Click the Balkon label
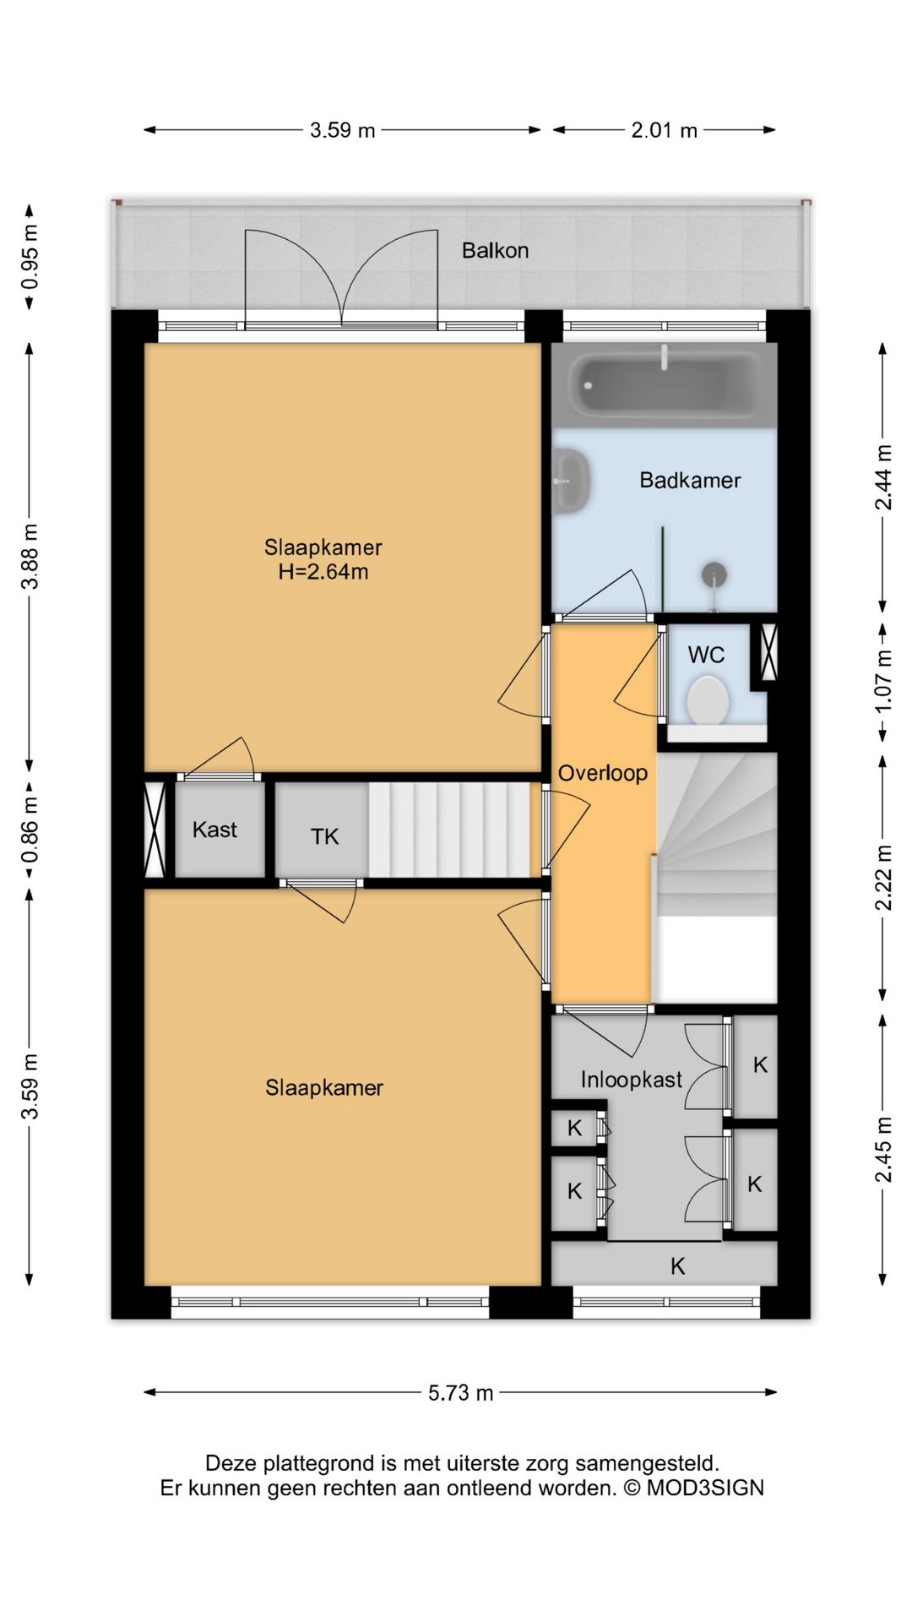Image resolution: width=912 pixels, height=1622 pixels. point(495,250)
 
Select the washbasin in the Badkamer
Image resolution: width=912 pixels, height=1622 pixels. point(572,481)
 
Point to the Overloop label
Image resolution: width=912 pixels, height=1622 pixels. point(603,773)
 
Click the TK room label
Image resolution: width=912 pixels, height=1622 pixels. point(324,836)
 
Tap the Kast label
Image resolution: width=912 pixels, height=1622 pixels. point(214,830)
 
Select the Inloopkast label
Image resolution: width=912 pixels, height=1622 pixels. point(631,1079)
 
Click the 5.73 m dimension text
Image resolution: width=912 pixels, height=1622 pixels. point(460,1393)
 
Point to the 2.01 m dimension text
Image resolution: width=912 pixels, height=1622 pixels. point(665,130)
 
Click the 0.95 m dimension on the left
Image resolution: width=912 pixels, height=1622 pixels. point(30,255)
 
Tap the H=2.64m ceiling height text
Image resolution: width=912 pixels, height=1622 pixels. point(323,572)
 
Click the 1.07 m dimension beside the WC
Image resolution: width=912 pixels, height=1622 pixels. point(883,681)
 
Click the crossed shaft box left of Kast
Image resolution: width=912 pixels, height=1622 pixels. point(155,830)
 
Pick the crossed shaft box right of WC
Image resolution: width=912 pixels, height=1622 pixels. point(768,652)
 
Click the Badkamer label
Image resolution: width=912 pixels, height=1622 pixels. point(690,481)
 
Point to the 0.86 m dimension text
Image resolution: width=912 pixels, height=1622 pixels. point(30,830)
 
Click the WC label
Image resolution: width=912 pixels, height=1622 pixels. point(706,655)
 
